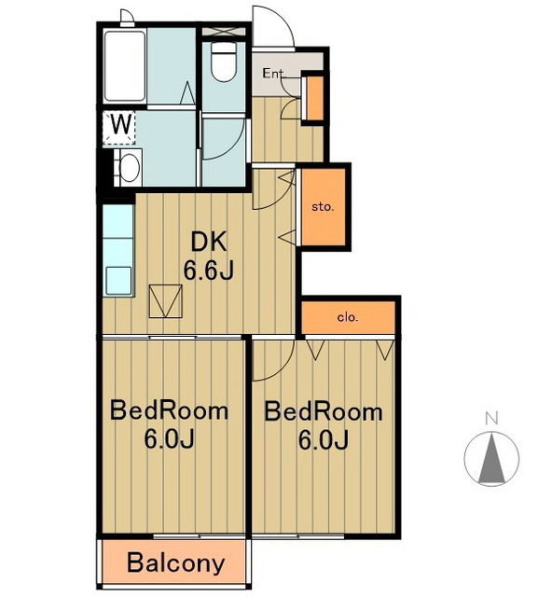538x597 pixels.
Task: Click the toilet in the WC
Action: coord(224,62)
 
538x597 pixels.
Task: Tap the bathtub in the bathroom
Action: coord(125,66)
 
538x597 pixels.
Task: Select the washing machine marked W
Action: coord(118,128)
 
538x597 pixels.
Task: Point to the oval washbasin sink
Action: coord(129,168)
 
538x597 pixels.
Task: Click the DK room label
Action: coord(209,242)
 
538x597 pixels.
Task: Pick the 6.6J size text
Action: coord(208,271)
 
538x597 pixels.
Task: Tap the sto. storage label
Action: coord(323,207)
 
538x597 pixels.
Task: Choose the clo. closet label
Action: coord(348,317)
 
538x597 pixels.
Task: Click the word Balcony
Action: coord(176,563)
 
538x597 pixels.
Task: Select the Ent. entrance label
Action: coord(274,74)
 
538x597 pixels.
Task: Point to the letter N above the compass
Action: coord(491,419)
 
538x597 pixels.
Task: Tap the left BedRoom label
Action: coord(170,411)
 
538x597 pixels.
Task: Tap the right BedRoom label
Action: coord(324,411)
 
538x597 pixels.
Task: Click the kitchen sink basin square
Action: coord(118,281)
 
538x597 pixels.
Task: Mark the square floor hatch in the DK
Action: coord(166,300)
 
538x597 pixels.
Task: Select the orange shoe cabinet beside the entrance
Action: coord(314,98)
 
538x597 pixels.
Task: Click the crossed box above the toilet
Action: coord(224,31)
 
